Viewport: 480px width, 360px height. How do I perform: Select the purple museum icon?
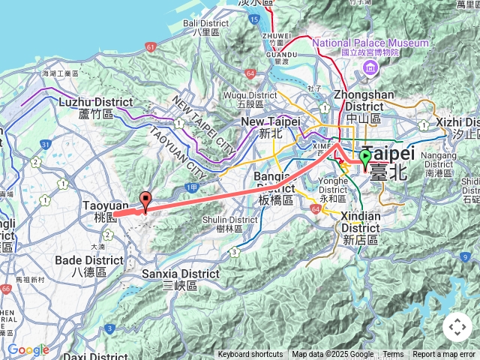(x=370, y=69)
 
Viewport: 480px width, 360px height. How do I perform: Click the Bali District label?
(x=202, y=27)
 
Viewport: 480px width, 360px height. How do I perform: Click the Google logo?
(x=28, y=350)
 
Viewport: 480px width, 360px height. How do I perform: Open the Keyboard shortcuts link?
(x=250, y=355)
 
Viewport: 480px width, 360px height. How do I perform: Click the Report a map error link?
(x=444, y=355)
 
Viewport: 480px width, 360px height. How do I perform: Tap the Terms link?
(x=393, y=355)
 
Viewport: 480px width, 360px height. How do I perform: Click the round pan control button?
(x=457, y=327)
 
